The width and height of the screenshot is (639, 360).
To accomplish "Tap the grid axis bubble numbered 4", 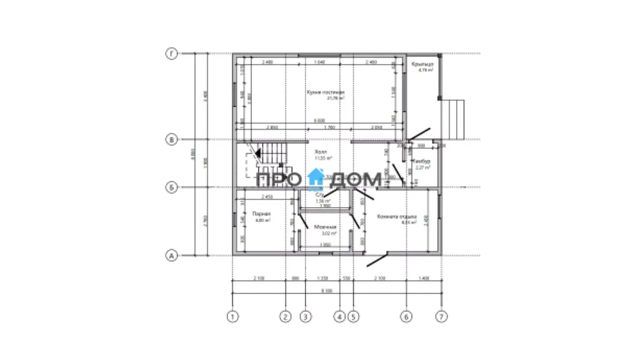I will point(339,316).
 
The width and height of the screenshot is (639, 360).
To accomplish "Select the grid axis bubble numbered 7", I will point(440,316).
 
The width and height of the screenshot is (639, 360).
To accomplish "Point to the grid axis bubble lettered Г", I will point(171,54).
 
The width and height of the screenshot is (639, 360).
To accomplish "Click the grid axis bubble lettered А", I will point(171,256).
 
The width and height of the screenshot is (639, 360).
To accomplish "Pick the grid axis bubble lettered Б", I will point(171,187).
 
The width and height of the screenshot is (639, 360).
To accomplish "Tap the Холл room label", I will point(321,152).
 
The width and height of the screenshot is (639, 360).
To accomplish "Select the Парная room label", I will point(261,214).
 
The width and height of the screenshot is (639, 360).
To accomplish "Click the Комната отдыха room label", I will point(397,215).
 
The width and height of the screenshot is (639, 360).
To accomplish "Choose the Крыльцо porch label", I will point(423,65).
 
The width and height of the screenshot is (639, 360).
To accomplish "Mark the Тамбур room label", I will point(422,161).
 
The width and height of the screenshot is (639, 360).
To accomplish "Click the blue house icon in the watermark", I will point(316,179).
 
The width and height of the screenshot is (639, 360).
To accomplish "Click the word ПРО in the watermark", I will point(277,180).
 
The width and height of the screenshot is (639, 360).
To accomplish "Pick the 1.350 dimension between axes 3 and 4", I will point(322,279).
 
